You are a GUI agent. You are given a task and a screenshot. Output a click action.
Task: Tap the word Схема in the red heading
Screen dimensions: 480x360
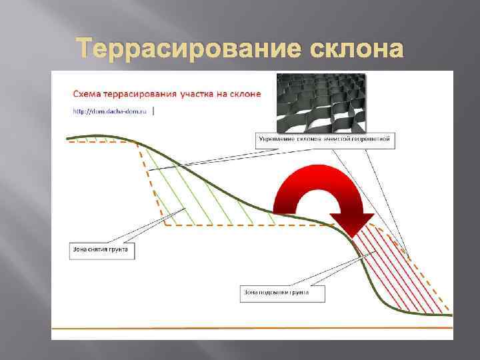tap(89, 94)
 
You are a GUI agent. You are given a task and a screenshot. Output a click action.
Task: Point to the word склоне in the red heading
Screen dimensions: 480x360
tap(245, 94)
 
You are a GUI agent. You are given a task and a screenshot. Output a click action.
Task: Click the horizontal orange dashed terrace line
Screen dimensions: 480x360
tap(247, 226)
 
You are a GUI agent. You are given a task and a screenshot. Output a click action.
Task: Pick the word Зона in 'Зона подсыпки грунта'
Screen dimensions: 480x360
tap(253, 293)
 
